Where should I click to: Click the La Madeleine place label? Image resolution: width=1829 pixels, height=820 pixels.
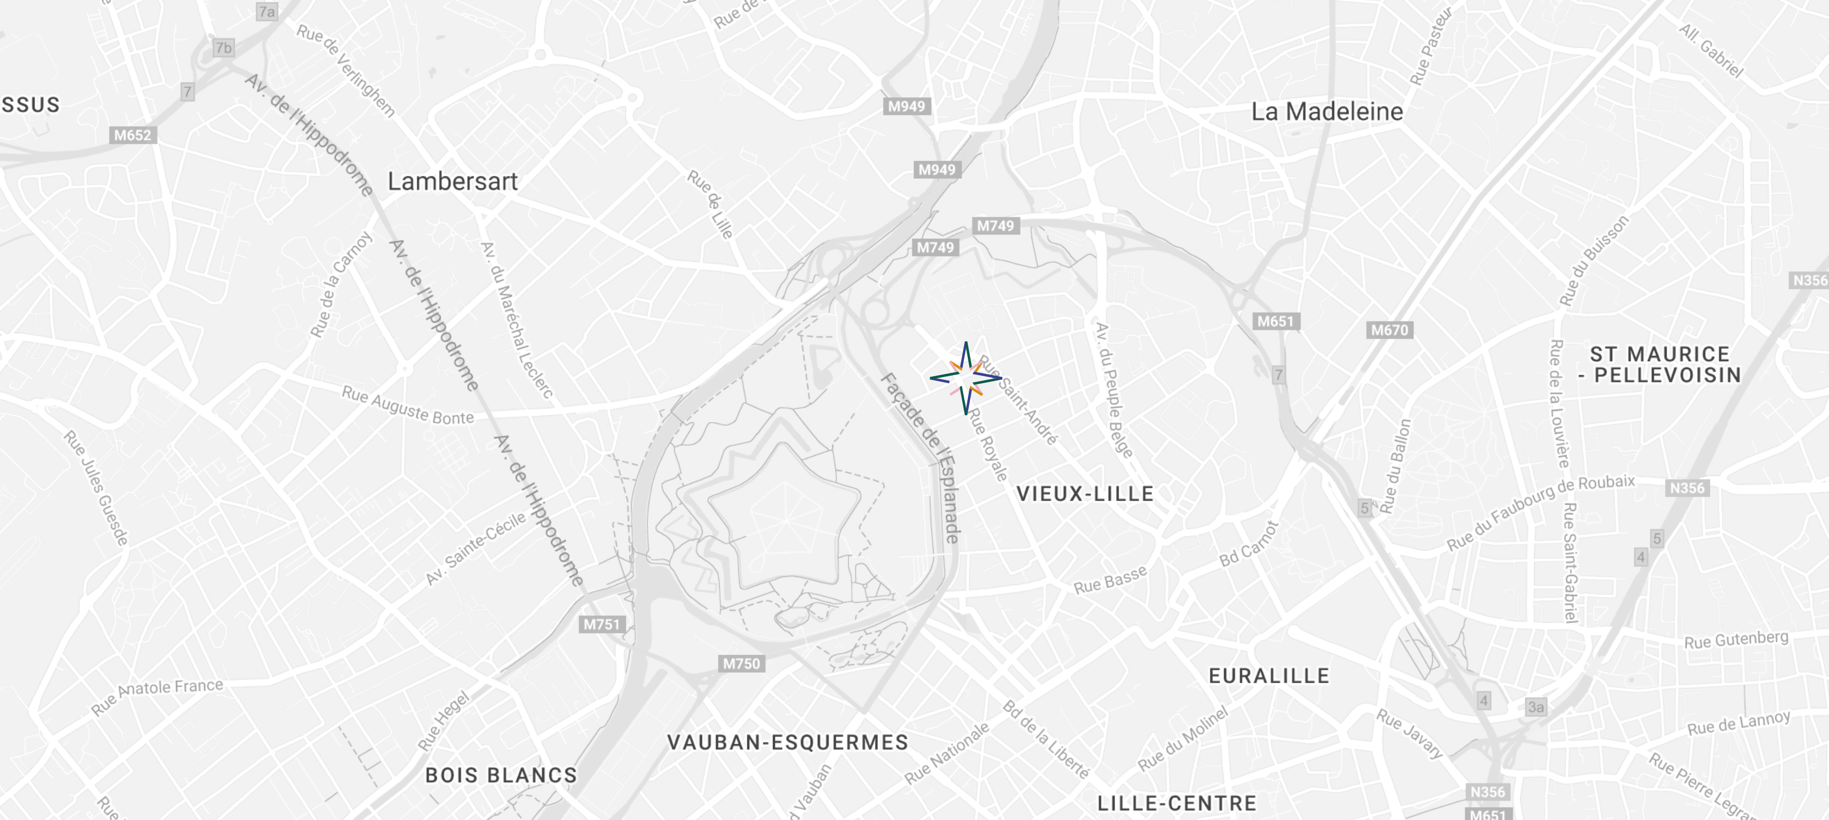click(x=1327, y=112)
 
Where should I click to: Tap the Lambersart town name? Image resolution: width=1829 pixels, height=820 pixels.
click(x=452, y=181)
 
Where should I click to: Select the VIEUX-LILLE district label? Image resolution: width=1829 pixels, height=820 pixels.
click(x=1085, y=494)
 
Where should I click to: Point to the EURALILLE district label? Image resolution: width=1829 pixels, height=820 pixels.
click(x=1269, y=676)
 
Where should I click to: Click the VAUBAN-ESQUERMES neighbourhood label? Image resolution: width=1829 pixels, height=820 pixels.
click(x=787, y=743)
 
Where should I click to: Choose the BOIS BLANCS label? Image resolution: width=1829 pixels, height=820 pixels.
click(x=501, y=775)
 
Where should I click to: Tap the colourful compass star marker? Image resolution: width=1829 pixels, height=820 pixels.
click(x=965, y=378)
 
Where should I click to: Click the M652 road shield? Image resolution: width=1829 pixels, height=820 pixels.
click(x=133, y=135)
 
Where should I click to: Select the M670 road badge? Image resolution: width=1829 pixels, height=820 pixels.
click(x=1389, y=330)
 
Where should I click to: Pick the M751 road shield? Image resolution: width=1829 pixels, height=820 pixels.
click(x=602, y=625)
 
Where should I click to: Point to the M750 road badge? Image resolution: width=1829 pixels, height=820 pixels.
click(x=741, y=664)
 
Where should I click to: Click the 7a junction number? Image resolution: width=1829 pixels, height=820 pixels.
click(x=267, y=11)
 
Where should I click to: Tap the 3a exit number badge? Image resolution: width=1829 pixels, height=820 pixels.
click(x=1536, y=707)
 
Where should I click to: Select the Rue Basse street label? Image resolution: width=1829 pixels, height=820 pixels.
click(x=1110, y=580)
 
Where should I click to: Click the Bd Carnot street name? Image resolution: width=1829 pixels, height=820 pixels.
click(x=1249, y=544)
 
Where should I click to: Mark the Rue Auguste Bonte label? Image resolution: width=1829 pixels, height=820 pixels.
click(x=408, y=406)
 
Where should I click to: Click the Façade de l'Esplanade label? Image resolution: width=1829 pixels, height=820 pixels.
click(x=921, y=458)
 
